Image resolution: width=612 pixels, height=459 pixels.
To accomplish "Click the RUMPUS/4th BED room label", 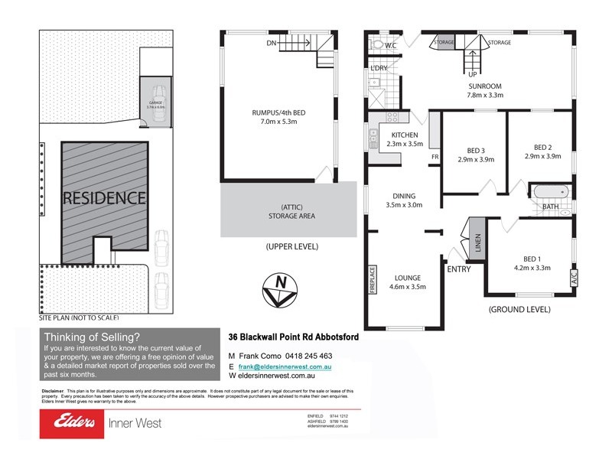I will tap(278, 112).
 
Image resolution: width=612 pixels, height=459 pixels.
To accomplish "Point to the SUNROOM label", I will tap(485, 86).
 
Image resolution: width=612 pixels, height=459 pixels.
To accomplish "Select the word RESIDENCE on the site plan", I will tap(104, 197).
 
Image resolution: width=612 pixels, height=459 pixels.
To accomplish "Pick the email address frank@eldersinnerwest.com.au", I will tap(285, 366).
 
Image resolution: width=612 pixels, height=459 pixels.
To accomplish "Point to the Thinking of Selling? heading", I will tap(92, 337).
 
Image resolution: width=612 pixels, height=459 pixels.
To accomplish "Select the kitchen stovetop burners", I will tap(392, 118).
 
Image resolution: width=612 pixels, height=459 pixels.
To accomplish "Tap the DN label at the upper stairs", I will tap(271, 43).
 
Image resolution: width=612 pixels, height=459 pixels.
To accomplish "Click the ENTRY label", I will tap(459, 269).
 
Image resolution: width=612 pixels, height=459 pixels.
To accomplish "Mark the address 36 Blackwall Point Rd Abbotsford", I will tap(295, 337).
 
